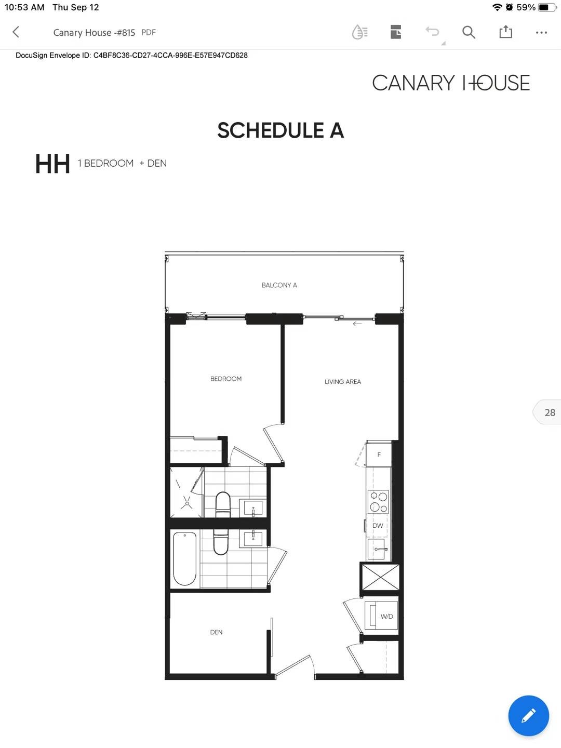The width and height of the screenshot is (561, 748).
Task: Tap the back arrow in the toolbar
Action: (x=16, y=32)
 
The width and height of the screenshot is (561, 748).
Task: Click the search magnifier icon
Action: (x=469, y=32)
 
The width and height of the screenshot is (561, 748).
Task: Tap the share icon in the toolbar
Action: (x=505, y=32)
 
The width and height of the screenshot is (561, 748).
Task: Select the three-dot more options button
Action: (x=541, y=33)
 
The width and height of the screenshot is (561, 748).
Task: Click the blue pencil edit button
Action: (x=528, y=716)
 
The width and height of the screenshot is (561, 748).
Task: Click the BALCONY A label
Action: (x=279, y=285)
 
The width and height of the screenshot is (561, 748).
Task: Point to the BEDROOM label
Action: (x=226, y=379)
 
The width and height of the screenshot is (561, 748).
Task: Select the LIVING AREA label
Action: (x=343, y=382)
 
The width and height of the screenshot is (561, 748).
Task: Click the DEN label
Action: (x=216, y=632)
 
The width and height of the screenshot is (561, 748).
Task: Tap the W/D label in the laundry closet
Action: (x=386, y=617)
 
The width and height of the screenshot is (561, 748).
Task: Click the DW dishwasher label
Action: (x=378, y=526)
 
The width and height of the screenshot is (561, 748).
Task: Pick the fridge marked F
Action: (x=379, y=455)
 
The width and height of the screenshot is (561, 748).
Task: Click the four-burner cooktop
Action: (x=378, y=502)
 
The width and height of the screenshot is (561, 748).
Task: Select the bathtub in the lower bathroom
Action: (x=185, y=558)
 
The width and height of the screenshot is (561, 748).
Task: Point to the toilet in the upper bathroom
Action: (x=223, y=504)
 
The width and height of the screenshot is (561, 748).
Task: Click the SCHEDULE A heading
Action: (x=280, y=130)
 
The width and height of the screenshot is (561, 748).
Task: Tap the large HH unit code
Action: (x=52, y=164)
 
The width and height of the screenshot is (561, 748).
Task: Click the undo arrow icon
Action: (x=432, y=32)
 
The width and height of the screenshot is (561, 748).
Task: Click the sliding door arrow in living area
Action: (x=357, y=324)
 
